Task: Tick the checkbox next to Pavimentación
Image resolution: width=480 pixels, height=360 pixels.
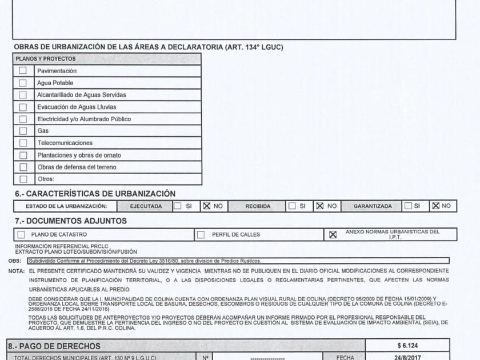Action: (x=23, y=71)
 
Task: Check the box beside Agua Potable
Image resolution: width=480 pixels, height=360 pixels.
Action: (x=23, y=83)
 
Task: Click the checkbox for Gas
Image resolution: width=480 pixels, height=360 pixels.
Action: (x=23, y=131)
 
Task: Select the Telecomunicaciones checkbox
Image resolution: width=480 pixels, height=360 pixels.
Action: (x=23, y=143)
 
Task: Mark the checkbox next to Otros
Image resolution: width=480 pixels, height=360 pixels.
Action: (x=23, y=179)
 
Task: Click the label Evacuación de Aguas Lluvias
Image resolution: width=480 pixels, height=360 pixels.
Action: (x=76, y=107)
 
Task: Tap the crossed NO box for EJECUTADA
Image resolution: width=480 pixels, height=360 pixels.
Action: (x=206, y=206)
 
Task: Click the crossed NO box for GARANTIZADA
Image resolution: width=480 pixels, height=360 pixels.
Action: (x=435, y=206)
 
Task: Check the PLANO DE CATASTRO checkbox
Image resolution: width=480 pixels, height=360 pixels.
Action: (x=21, y=234)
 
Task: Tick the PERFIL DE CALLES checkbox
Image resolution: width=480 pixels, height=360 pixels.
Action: (x=201, y=234)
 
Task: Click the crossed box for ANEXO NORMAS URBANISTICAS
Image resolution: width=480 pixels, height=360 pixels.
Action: (x=333, y=234)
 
